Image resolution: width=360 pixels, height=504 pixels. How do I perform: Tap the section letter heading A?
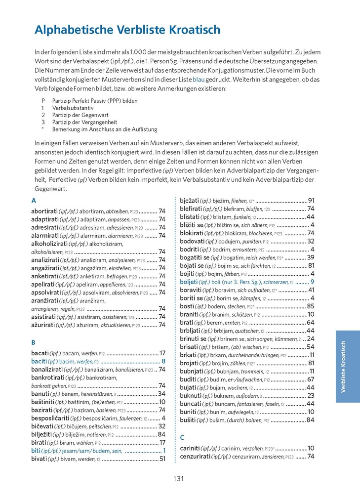pos(34,201)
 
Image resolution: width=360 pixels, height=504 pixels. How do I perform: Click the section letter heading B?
pos(34,342)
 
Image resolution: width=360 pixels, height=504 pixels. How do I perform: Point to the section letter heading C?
pos(182,437)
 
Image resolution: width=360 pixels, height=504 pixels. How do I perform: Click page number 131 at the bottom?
pos(179,478)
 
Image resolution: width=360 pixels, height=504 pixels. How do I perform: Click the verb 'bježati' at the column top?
pos(192,201)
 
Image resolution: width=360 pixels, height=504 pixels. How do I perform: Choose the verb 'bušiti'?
pos(188,420)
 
